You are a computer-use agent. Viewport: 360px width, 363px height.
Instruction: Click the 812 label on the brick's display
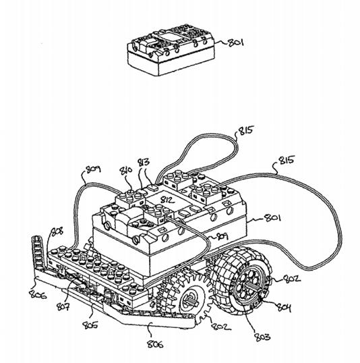pos(168,200)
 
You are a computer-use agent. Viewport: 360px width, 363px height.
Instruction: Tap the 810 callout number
pos(126,171)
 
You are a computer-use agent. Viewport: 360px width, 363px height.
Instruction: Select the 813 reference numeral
pos(144,163)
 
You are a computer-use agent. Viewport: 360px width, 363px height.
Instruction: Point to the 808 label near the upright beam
pos(57,232)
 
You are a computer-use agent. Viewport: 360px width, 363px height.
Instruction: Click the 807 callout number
pos(63,306)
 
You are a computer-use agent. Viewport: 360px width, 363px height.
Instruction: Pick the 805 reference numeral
pos(90,325)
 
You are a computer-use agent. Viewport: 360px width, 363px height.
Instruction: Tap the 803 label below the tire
pos(262,337)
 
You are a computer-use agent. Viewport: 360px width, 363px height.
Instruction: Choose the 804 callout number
pos(284,307)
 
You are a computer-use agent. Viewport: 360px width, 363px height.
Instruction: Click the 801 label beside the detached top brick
pos(236,43)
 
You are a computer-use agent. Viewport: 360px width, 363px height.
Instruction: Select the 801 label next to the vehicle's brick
pos(273,218)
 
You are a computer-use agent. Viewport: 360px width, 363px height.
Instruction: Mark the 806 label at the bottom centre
pos(156,344)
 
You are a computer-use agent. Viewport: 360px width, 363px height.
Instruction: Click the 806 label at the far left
pos(38,295)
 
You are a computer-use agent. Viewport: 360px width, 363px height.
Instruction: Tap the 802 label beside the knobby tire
pos(292,279)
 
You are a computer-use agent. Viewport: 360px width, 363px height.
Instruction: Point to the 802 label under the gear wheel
pos(220,326)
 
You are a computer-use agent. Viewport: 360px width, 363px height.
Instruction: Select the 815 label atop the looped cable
pos(246,130)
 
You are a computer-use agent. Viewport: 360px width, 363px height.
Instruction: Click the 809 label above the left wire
pos(93,169)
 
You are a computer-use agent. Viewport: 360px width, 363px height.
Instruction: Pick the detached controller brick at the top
pos(171,51)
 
